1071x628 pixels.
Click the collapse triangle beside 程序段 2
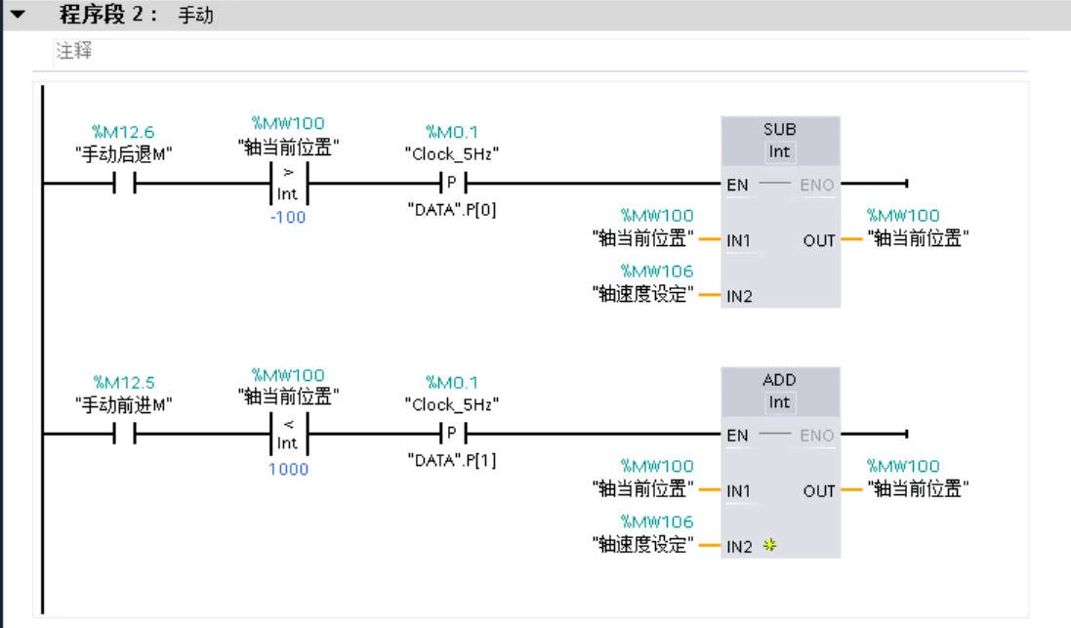tap(16, 15)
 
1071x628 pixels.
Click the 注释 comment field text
tap(74, 52)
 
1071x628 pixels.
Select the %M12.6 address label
tap(123, 132)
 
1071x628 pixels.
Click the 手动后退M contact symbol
tap(124, 184)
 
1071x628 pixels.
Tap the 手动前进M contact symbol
tap(124, 435)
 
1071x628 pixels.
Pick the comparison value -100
tap(288, 217)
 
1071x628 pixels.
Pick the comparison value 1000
tap(288, 469)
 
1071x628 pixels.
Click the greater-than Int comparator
tap(288, 183)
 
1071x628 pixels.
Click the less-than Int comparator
tap(288, 434)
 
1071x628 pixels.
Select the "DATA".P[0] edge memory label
tap(451, 208)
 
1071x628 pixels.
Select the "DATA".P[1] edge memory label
tap(451, 459)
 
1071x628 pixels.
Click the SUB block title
tap(779, 129)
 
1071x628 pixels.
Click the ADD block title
tap(779, 380)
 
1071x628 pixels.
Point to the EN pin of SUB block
tap(738, 184)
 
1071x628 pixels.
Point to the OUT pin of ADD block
tap(819, 490)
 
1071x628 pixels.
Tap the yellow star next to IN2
tap(769, 546)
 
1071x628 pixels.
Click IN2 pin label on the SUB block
tap(739, 296)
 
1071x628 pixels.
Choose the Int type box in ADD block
tap(779, 402)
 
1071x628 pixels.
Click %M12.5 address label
tap(123, 382)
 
